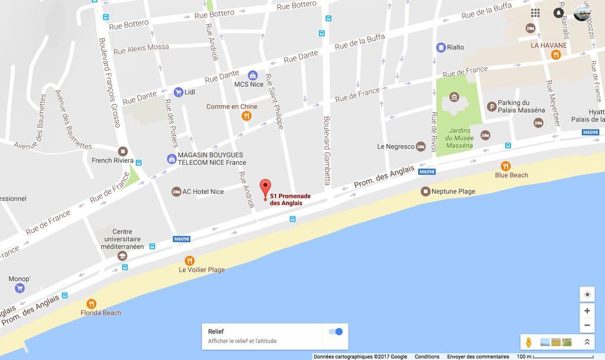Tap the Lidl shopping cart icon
(178, 92)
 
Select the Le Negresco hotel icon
(421, 146)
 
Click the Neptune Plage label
(453, 192)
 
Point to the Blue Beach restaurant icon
(506, 166)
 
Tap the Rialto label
(456, 47)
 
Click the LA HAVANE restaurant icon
(556, 55)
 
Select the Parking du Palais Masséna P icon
(492, 106)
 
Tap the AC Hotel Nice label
(203, 192)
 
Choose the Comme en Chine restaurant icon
(247, 116)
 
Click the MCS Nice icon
(253, 75)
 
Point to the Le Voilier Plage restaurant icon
(190, 261)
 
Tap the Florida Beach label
(101, 313)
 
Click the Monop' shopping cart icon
(20, 288)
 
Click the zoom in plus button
(587, 311)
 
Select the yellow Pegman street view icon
(529, 342)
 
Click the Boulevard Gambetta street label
(327, 150)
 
